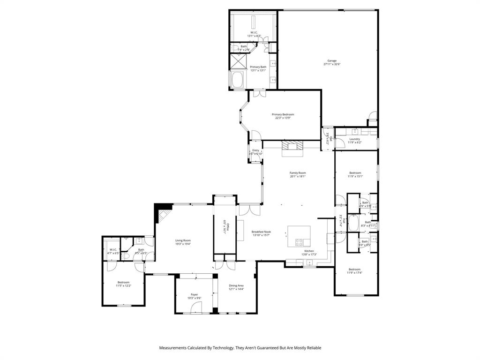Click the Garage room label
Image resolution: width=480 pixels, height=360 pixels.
point(332,60)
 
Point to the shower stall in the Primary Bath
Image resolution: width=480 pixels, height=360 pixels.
point(238,61)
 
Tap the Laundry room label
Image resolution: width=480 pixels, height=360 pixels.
point(354,139)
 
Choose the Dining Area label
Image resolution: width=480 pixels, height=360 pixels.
point(236,285)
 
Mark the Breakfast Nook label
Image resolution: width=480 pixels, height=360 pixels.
point(261,232)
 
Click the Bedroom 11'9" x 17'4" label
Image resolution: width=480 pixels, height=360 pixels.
point(354,269)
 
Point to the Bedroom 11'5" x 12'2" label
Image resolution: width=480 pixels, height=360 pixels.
point(123,282)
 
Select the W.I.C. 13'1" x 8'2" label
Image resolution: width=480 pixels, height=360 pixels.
point(254,32)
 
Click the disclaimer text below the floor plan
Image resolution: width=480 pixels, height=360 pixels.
point(240,348)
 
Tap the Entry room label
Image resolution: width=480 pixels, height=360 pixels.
point(255,150)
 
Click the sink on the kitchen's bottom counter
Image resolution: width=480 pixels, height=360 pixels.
point(309,263)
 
